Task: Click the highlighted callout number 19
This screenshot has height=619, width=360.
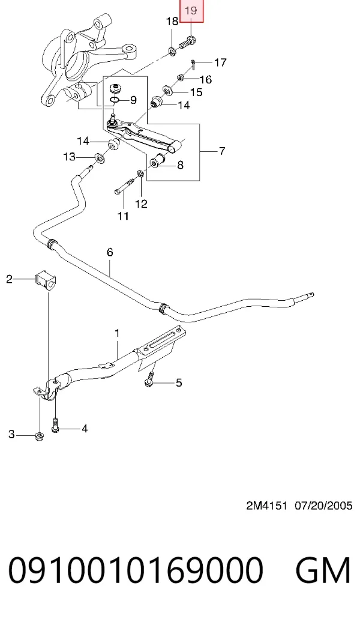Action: point(191,10)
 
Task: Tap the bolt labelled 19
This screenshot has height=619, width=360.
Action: point(188,42)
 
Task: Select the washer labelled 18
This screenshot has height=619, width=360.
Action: point(172,50)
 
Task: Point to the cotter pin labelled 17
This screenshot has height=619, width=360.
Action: point(194,64)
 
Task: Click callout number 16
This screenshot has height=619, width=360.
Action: point(206,80)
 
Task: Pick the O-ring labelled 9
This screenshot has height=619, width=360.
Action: point(115,99)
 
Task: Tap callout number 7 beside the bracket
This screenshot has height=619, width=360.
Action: point(222,151)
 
